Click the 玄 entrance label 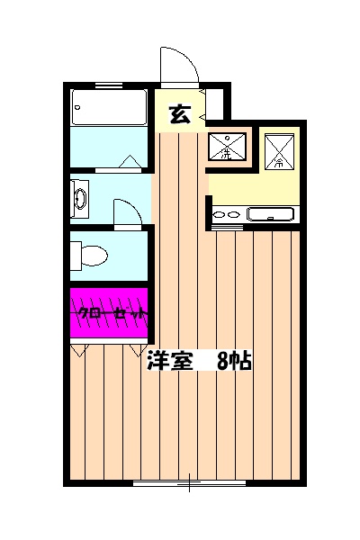point(180,114)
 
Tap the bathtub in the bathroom point(108,109)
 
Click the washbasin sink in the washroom point(79,198)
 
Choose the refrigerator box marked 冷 point(278,148)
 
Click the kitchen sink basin point(270,214)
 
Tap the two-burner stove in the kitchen point(226,215)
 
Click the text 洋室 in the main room point(170,361)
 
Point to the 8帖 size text point(235,361)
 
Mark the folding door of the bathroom point(125,162)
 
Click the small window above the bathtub point(108,86)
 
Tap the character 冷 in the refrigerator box point(277,163)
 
